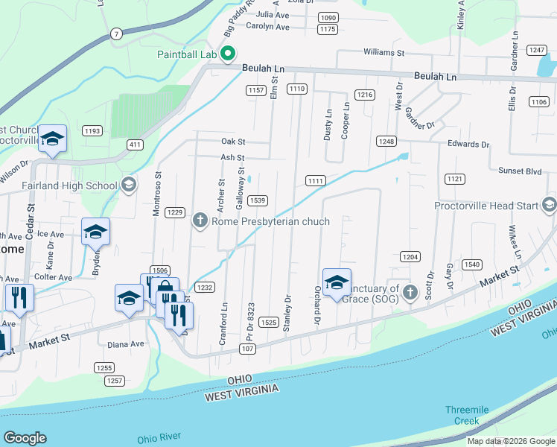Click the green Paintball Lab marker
click(x=229, y=54)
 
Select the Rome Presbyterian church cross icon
click(x=200, y=221)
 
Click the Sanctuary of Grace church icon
click(x=410, y=294)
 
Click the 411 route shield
click(x=134, y=144)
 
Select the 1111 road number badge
click(x=315, y=180)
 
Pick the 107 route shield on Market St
click(x=248, y=349)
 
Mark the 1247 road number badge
click(x=536, y=50)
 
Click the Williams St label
click(x=383, y=53)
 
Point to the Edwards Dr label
click(x=468, y=145)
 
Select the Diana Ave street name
click(x=125, y=344)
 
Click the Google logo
click(x=25, y=438)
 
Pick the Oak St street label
click(x=232, y=141)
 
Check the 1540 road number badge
click(x=471, y=264)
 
